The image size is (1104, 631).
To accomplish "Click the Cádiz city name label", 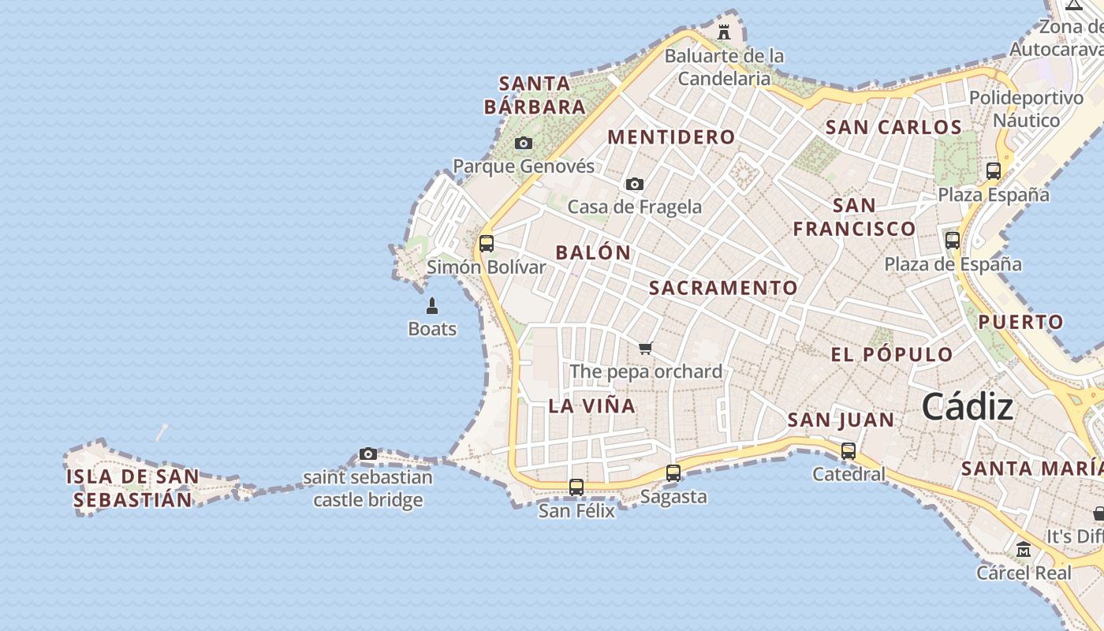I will pos(967,407).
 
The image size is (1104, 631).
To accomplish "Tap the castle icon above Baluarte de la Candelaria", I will pos(723,32).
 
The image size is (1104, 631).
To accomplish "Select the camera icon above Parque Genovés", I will pos(523,143).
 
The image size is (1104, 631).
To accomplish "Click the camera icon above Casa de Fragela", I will pos(634,184).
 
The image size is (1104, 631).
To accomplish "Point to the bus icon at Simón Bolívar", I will pos(487,243).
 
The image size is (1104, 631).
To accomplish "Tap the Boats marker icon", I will pos(432,305).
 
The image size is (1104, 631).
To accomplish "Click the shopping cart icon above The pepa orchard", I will pos(646,348).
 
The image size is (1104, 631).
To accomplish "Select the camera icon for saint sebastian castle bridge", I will pos(367,454).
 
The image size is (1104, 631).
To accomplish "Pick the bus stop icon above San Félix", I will pos(576,487).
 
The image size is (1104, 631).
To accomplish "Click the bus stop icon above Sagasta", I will pos(673,473).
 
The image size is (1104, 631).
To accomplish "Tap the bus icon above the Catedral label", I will pos(849,451).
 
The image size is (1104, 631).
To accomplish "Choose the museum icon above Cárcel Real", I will pos(1024,549).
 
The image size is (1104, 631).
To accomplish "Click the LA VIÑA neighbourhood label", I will pos(591,406).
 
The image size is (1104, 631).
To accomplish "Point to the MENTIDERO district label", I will pos(671,137).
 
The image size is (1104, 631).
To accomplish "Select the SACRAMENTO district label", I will pos(723,288).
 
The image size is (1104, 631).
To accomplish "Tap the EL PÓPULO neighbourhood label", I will pos(892,355).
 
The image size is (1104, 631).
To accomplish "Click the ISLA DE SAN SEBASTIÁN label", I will pos(132,488).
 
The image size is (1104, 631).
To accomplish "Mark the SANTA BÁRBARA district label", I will pos(535,95).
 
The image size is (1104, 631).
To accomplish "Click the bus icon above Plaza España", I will pos(994,170).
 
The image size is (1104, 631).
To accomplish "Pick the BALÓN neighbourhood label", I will pos(593,253).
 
